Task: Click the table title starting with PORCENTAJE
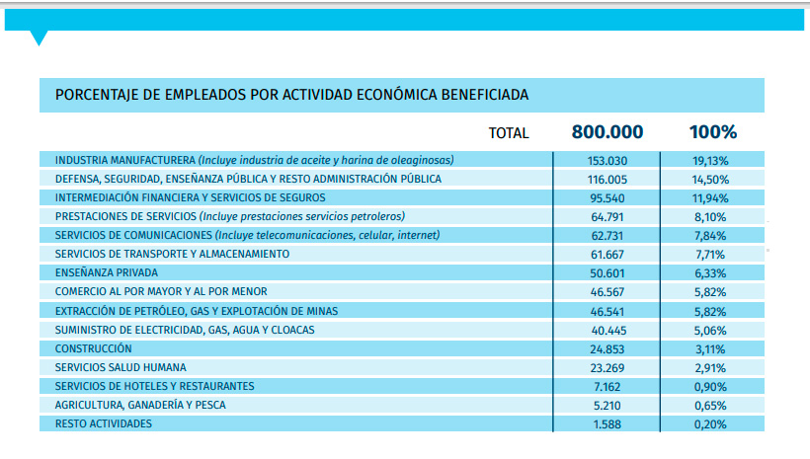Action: [x=291, y=95]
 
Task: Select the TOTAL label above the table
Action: [x=509, y=133]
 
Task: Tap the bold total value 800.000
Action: [x=607, y=132]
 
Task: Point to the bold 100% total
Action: [x=713, y=132]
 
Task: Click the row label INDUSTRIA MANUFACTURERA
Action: [x=125, y=160]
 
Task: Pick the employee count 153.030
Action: [x=607, y=161]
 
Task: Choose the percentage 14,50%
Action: [x=710, y=180]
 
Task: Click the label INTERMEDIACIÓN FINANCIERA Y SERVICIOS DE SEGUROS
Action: [x=190, y=197]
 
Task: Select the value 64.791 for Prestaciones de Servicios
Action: [x=607, y=217]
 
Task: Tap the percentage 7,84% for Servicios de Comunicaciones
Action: [x=710, y=236]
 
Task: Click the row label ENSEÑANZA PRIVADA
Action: [x=107, y=272]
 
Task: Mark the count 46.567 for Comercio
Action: [x=607, y=292]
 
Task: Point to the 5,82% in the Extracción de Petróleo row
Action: [x=710, y=312]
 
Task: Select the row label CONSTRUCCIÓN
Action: [x=94, y=348]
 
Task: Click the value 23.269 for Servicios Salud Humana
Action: [x=607, y=368]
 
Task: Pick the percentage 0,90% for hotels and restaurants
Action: [x=710, y=387]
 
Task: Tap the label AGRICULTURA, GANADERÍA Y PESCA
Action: [x=140, y=405]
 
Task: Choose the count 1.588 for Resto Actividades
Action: [x=607, y=424]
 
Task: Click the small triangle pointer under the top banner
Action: [x=39, y=38]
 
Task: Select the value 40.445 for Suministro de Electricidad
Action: [x=607, y=331]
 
